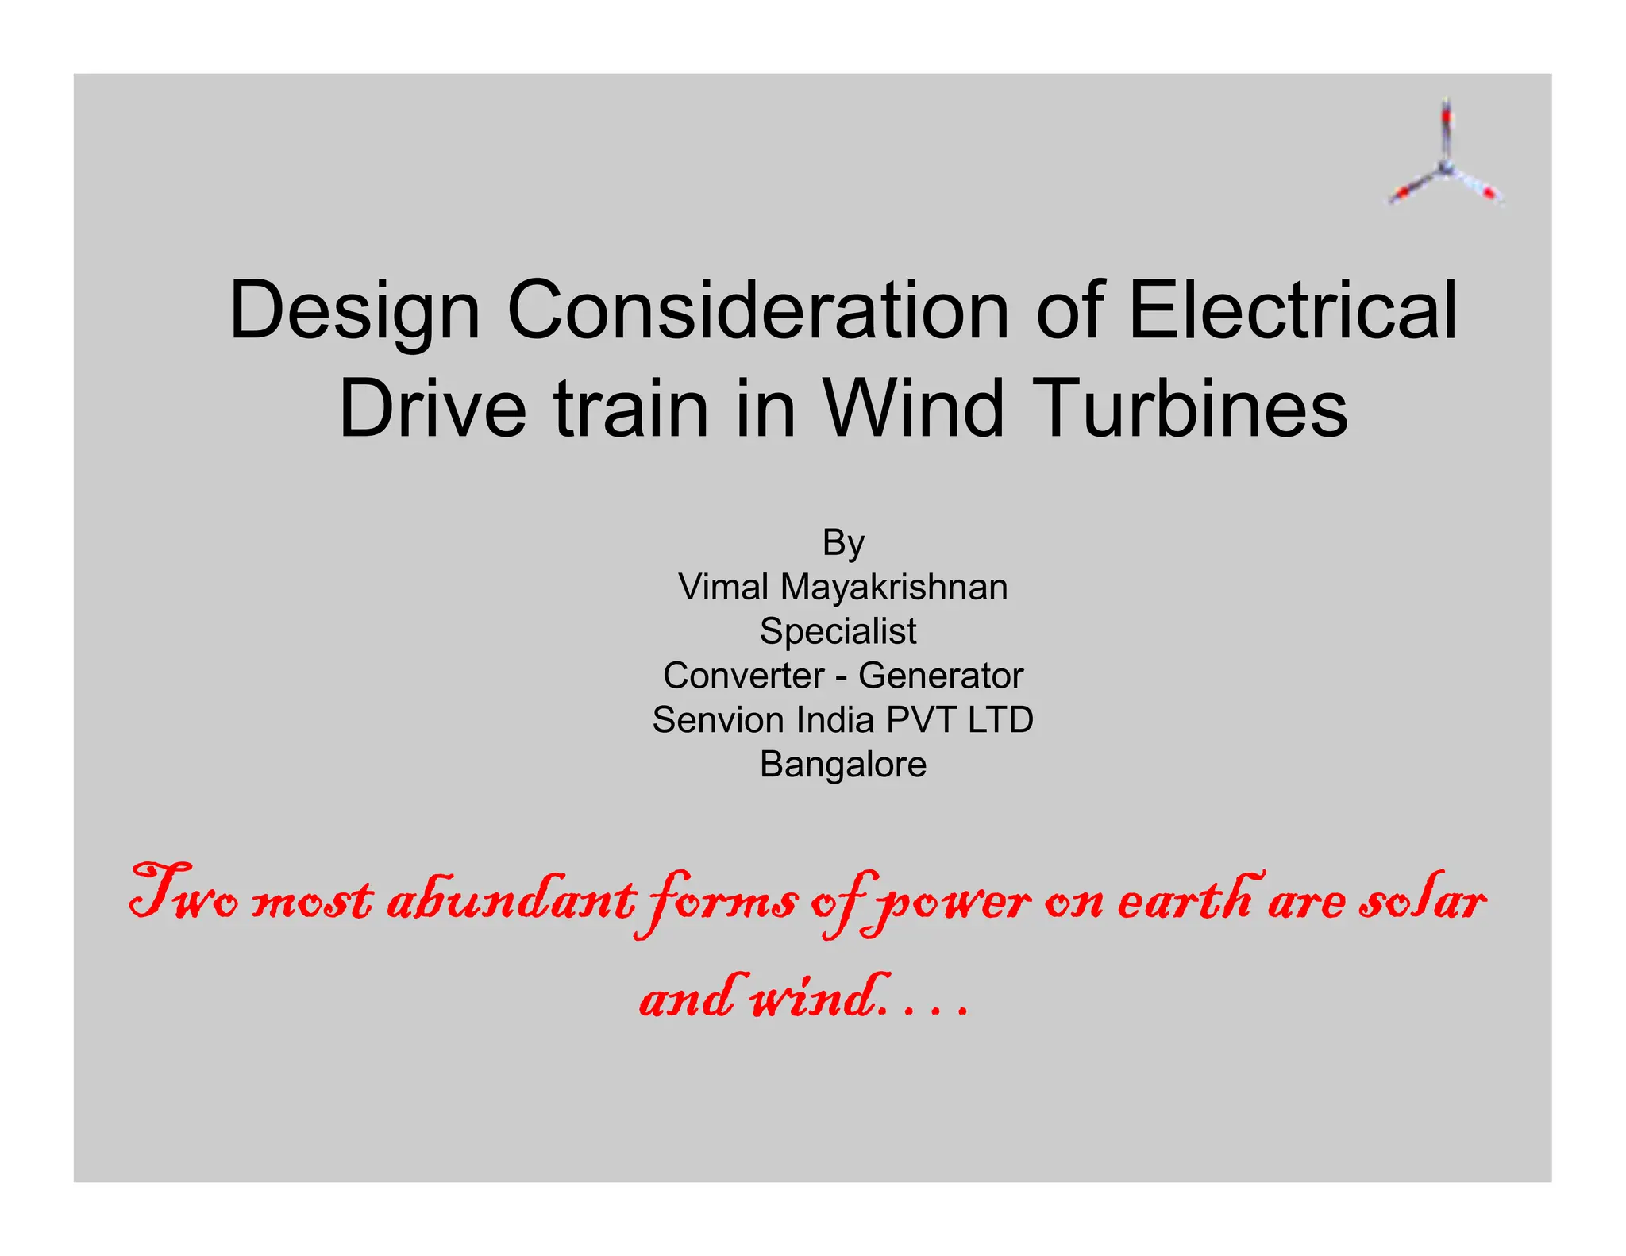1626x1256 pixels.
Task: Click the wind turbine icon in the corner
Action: tap(1446, 156)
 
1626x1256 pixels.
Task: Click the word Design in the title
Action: tap(354, 311)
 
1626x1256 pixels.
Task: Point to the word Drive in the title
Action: tap(432, 408)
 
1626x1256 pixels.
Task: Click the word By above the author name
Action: tap(843, 544)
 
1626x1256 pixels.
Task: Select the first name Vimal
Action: tap(723, 588)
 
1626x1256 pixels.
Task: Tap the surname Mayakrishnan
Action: tap(894, 588)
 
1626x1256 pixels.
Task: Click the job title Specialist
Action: tap(838, 632)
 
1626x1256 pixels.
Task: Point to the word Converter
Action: tap(744, 676)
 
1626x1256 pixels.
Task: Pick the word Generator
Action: tap(941, 676)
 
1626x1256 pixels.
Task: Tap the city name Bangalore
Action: tap(843, 765)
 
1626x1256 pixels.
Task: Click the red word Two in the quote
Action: tap(183, 895)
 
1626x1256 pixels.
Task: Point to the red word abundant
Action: tap(511, 899)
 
